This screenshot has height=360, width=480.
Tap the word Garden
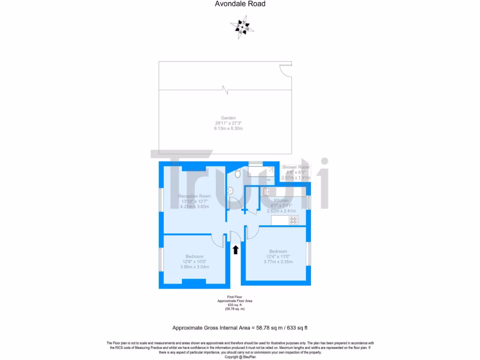228,118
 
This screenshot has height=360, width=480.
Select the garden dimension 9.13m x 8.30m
228,128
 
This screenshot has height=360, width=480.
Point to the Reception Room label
194,196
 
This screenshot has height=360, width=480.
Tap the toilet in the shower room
238,174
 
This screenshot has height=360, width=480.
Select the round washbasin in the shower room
230,191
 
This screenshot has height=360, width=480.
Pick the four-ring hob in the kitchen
294,221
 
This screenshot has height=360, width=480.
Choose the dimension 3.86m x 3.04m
194,267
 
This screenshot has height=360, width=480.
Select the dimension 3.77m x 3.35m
278,262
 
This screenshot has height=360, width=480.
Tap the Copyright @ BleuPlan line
240,357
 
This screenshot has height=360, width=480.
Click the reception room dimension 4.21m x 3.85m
194,206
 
